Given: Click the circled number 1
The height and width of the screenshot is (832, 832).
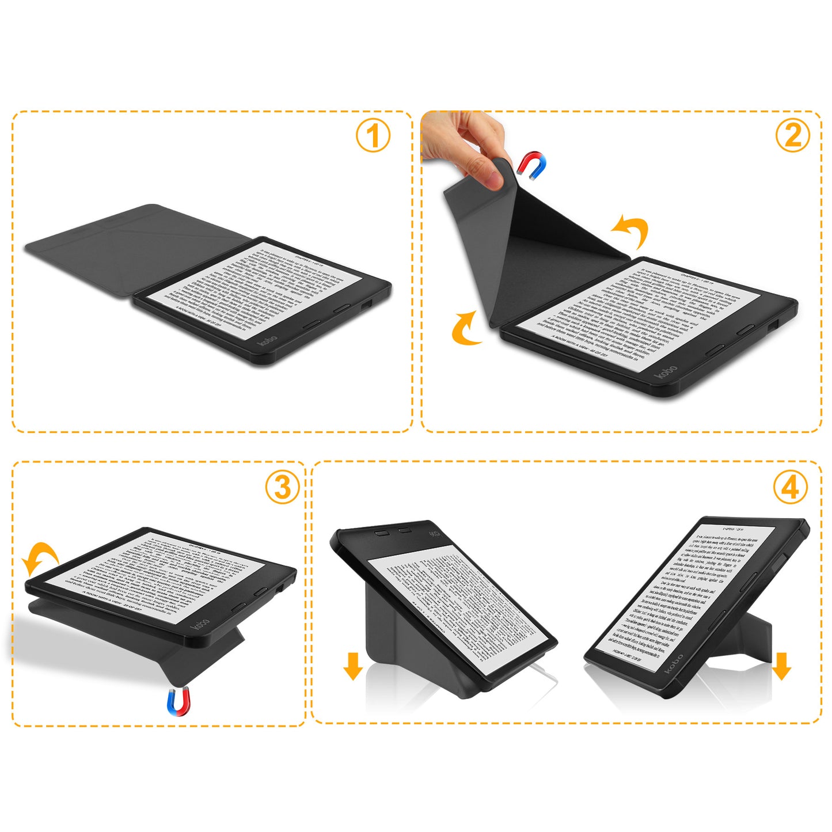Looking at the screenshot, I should click(373, 136).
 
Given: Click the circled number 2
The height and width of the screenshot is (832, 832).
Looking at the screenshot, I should click(792, 136).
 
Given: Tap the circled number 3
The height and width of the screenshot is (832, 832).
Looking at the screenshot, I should click(282, 487).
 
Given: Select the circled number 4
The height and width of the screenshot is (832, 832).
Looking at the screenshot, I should click(790, 487).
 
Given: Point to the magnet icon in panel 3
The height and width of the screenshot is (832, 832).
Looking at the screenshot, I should click(178, 701).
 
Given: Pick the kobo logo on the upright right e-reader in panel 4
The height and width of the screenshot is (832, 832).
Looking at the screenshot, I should click(674, 664).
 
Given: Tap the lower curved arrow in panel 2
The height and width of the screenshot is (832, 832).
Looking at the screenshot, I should click(465, 329).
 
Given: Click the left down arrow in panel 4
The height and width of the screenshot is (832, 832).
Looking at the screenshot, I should click(352, 666).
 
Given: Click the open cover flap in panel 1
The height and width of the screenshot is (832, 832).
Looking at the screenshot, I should click(138, 248).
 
